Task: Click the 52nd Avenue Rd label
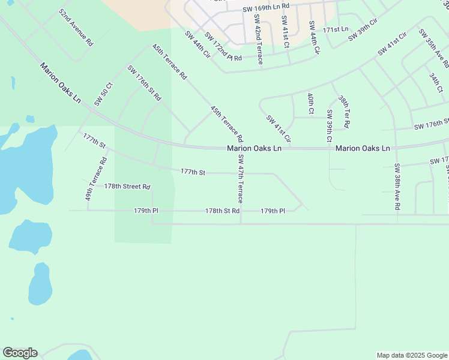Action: coord(76,28)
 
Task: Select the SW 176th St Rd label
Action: coord(144,83)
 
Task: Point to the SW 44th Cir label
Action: coord(197,44)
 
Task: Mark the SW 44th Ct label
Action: coord(313,37)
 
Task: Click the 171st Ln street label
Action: coord(335,29)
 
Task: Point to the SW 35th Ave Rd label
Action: coord(434,48)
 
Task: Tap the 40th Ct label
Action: coord(310,103)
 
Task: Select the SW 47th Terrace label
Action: coord(240,178)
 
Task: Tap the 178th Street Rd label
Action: coord(127,187)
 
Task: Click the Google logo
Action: coord(20,353)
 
